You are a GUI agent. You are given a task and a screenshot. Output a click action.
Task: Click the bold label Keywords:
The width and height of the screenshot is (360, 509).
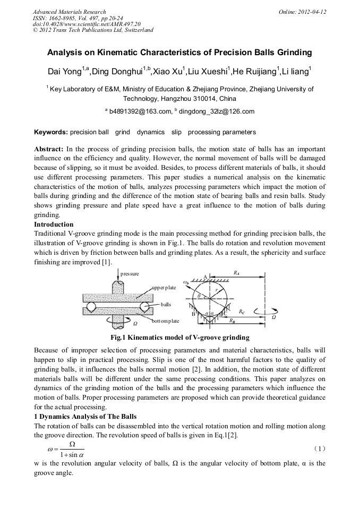pos(50,132)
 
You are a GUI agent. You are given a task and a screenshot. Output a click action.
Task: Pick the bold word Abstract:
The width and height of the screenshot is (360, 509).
pos(49,149)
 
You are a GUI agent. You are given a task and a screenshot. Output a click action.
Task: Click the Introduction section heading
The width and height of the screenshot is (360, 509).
pos(54,225)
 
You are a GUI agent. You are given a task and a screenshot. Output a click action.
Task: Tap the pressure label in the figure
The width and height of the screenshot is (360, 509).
pos(130,274)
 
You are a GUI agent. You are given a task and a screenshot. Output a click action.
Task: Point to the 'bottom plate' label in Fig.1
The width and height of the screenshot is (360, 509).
pos(165,321)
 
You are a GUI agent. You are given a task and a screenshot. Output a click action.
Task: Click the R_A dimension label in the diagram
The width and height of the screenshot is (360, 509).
pos(236,273)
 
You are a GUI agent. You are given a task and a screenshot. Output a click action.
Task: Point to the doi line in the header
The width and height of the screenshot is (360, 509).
pos(87,24)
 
